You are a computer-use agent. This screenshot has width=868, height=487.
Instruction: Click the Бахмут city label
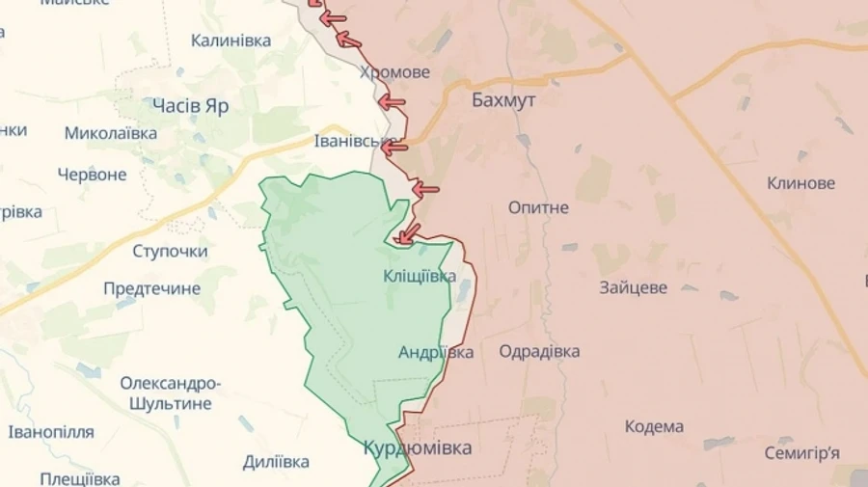(503, 99)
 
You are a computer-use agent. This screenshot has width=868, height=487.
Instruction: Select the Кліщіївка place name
(420, 276)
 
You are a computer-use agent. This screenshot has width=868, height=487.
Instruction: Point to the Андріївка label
(436, 352)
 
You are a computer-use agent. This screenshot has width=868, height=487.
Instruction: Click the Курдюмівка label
(418, 448)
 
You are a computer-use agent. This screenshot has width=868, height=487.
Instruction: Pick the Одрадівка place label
(539, 351)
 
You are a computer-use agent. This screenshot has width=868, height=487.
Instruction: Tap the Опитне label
(539, 207)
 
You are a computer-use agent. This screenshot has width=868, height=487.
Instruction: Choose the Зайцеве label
(633, 287)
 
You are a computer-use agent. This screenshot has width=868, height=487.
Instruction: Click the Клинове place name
(800, 183)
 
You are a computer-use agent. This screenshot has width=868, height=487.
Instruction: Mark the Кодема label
(654, 426)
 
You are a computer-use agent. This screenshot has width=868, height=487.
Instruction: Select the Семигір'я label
(801, 452)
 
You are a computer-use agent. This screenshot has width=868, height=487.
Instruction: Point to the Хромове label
(394, 72)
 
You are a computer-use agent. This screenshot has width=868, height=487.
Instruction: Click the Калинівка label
(231, 41)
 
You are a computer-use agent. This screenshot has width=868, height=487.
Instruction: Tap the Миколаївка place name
(111, 133)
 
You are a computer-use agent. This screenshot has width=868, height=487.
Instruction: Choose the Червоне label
(92, 175)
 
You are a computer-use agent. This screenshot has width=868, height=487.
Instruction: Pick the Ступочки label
(170, 251)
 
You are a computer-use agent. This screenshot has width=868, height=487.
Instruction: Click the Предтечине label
(151, 288)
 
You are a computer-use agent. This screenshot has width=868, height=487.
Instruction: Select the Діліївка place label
(276, 461)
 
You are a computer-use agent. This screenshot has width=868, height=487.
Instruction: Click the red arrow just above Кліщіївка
(409, 232)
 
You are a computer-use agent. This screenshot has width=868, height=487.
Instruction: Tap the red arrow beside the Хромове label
(391, 101)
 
